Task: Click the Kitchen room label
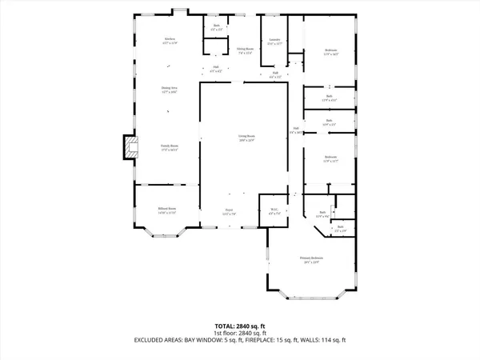coord(170,38)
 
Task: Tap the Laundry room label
coord(274,39)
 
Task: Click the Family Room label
coord(169,146)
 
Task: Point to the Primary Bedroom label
coord(310,258)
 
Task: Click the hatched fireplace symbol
coord(128,146)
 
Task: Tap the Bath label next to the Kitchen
coord(216,26)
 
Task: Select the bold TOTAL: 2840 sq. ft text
coord(239,326)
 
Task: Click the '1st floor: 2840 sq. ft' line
coord(239,333)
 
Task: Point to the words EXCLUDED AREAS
coord(161,340)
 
